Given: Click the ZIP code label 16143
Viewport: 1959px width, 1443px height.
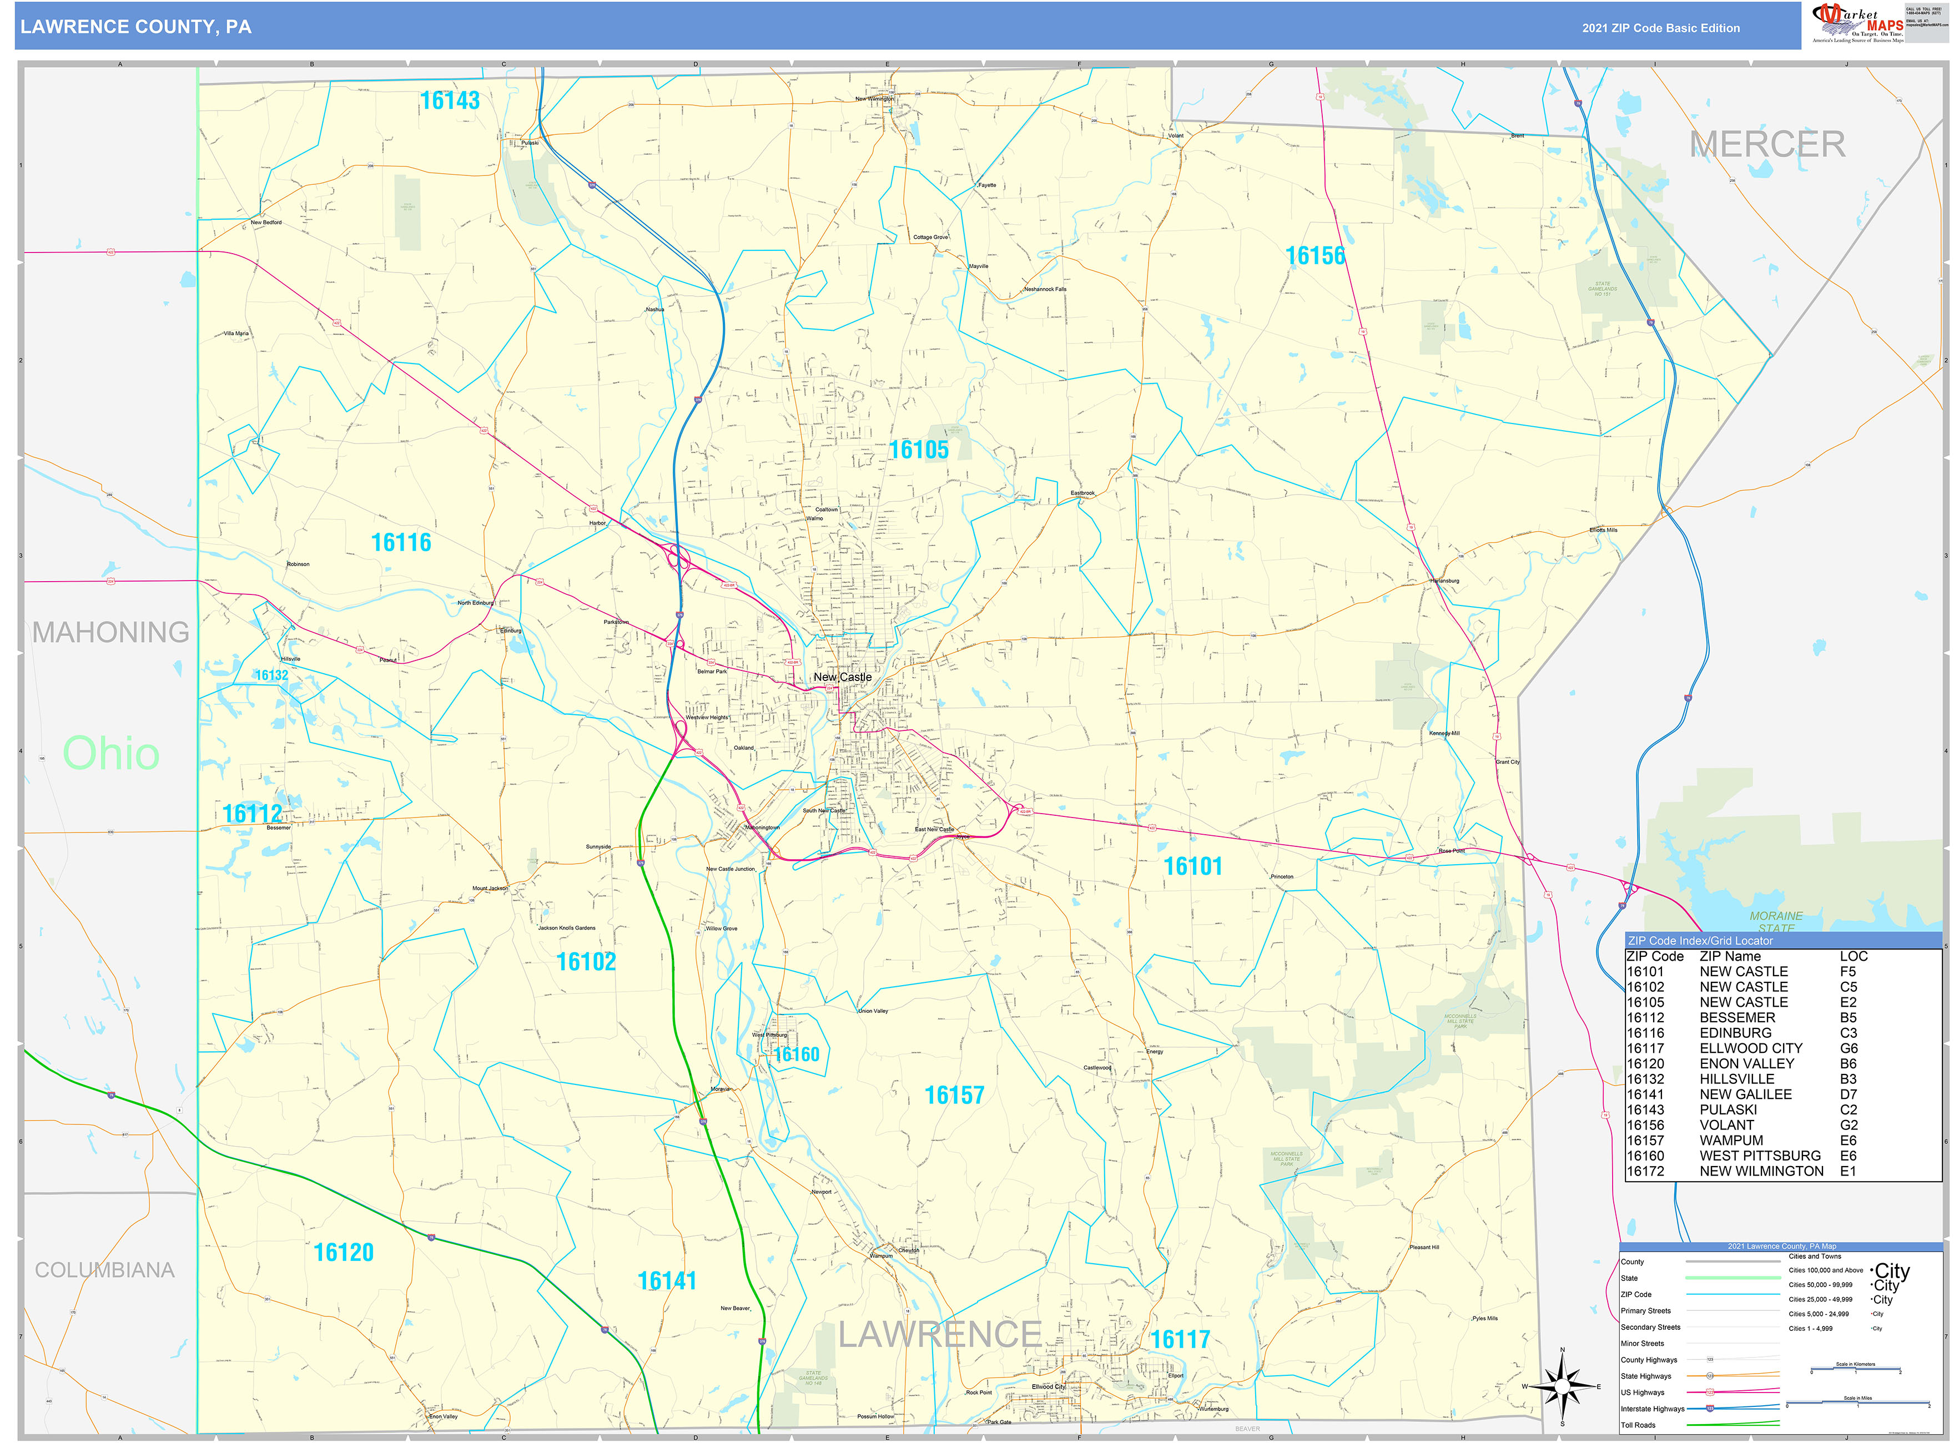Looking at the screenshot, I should (450, 100).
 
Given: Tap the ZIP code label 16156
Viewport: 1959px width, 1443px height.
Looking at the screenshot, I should (1315, 256).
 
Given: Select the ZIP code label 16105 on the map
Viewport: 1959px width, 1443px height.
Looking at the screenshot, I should (918, 450).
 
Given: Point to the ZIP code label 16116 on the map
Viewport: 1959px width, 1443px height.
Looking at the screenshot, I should (401, 542).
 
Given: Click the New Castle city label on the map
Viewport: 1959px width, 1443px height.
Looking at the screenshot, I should (842, 677).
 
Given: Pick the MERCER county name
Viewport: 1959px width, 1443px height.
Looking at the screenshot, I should (1767, 145).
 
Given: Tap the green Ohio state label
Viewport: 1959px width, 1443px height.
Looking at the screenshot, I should (111, 753).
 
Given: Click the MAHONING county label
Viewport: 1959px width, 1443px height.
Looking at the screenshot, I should (111, 632).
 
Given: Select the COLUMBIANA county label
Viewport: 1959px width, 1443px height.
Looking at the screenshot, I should (105, 1270).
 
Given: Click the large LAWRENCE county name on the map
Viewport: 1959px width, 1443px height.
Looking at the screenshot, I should (939, 1334).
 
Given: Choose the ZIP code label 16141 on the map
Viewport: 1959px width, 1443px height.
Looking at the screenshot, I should (667, 1280).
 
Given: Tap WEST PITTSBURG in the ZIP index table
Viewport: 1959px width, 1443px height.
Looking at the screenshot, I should (1760, 1156).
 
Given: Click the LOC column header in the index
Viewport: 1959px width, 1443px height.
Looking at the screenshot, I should (1854, 956).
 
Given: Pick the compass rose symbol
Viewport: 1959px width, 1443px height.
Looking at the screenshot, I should (1562, 1386).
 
